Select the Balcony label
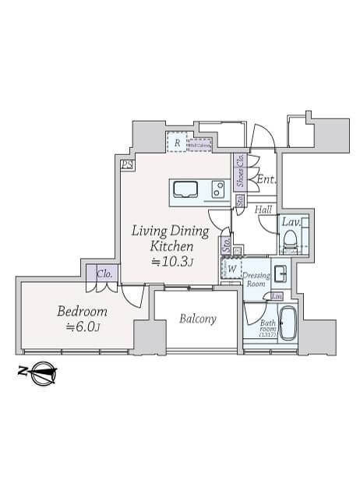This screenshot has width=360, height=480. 198,319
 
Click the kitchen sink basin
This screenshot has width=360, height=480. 187,189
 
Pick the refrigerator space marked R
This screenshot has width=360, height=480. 178,143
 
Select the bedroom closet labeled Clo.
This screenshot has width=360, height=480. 104,274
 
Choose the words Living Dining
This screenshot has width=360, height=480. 169,231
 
